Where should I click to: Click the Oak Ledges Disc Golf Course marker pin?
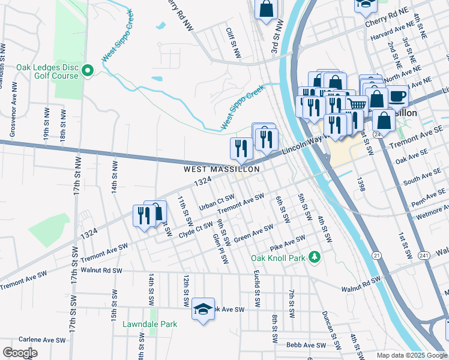[x=88, y=71]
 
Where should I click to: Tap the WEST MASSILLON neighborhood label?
[x=221, y=170]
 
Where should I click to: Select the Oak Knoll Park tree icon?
[x=313, y=257]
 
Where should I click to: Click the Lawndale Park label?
[x=150, y=324]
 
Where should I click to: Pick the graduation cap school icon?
[x=203, y=309]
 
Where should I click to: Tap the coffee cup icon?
[x=397, y=95]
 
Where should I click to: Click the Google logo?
[x=20, y=353]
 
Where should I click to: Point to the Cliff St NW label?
[x=233, y=43]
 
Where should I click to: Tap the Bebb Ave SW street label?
[x=306, y=345]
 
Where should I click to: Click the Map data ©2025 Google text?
[x=411, y=355]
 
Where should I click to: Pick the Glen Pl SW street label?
[x=221, y=248]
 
